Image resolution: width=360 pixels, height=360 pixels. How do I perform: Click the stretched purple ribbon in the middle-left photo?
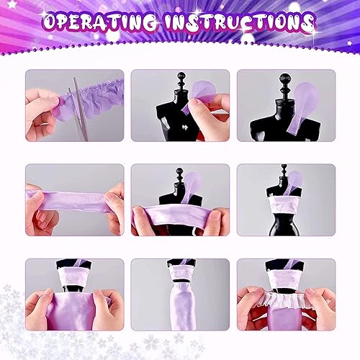coord(72,197)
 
